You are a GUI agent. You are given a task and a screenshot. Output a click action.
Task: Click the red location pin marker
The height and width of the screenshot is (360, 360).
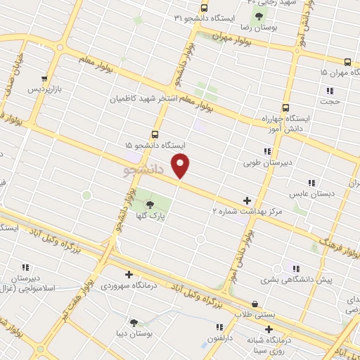point(181,166)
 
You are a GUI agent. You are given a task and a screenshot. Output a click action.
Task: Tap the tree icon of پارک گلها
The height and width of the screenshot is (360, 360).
point(150,205)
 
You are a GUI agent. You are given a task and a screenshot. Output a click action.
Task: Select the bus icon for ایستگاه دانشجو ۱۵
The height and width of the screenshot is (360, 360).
point(155,134)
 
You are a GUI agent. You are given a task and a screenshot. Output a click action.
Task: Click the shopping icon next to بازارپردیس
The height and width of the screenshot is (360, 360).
point(45,79)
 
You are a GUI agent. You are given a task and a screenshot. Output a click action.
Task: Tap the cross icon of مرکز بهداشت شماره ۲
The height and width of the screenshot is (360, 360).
point(246,200)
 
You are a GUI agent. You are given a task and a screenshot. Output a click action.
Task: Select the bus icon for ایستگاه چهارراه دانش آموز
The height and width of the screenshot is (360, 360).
point(285,108)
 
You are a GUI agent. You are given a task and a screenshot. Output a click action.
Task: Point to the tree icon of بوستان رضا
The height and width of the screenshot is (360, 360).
point(259,15)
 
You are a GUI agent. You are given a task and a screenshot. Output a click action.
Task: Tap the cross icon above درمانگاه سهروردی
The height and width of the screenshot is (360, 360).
point(128,274)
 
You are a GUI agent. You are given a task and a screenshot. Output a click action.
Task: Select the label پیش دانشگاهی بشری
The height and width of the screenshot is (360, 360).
point(293,280)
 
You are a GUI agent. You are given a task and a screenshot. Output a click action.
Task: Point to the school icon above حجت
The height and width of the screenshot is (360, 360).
point(329,90)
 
